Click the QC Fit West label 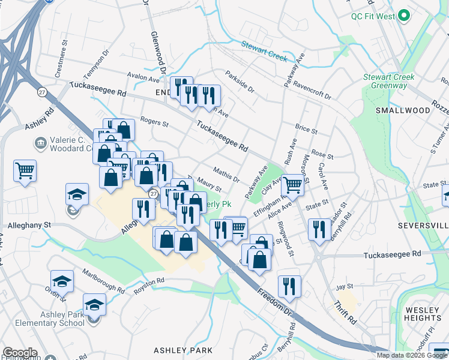pos(373,16)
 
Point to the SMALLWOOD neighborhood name pos(403,110)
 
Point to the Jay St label pos(343,287)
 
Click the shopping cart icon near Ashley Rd pos(25,170)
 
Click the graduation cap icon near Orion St pos(62,281)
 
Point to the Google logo pos(20,353)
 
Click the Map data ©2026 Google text pos(411,355)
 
